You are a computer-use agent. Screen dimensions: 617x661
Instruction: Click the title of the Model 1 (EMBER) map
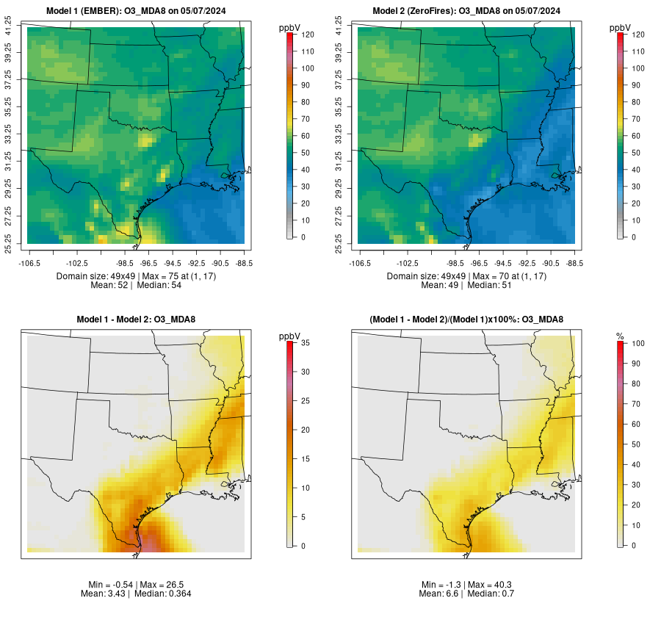click(137, 10)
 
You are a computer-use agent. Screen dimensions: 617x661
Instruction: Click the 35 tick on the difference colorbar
click(306, 343)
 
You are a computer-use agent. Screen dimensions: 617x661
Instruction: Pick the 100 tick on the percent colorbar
click(637, 343)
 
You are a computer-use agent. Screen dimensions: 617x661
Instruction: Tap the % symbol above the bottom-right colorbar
click(620, 336)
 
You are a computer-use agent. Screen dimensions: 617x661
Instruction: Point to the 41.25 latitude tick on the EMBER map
click(9, 27)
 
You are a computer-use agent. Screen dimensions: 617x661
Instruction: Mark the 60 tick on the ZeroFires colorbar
click(637, 136)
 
